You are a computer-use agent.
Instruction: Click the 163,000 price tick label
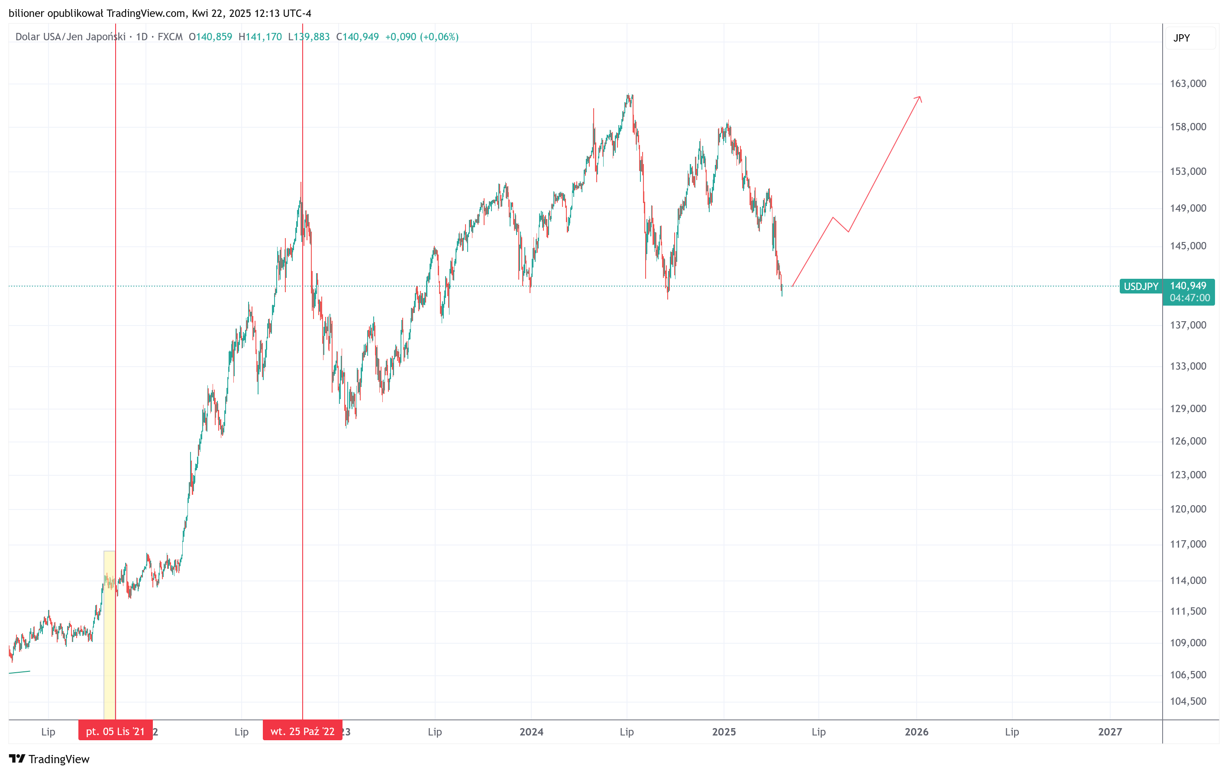1188,84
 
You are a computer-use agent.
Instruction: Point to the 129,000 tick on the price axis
1188,408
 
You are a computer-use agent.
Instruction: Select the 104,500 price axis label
1188,701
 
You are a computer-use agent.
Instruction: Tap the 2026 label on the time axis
916,732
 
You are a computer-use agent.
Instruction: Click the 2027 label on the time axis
1109,732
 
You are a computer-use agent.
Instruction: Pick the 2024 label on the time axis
531,732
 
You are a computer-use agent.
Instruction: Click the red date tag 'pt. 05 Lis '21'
115,731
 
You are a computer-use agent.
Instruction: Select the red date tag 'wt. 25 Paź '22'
302,731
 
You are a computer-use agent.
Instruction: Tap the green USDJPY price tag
1141,287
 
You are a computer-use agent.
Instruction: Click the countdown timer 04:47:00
1189,298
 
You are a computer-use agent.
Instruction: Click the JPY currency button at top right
1181,38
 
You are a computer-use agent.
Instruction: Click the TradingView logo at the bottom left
49,759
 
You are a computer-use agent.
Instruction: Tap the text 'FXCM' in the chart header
170,37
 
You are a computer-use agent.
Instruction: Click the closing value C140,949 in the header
358,37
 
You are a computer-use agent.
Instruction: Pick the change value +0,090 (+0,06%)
422,37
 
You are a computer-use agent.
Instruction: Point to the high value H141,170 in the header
260,37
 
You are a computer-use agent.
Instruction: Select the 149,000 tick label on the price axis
1188,208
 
